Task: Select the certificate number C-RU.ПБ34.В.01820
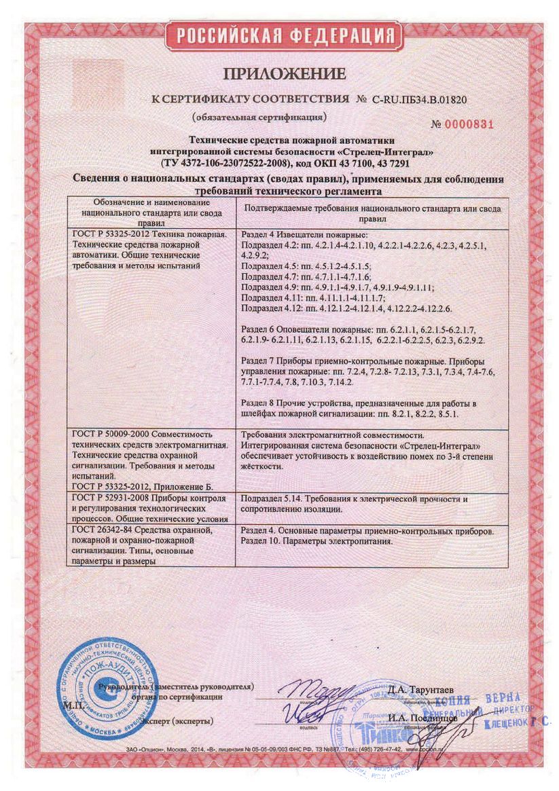(419, 99)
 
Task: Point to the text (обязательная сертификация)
(259, 116)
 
